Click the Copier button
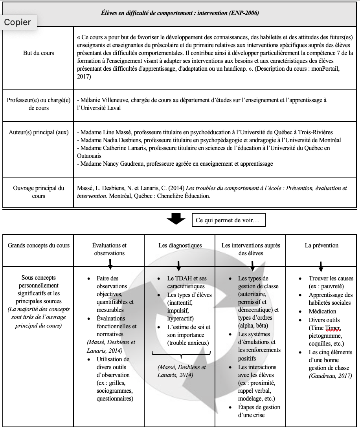point(17,22)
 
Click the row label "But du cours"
point(39,53)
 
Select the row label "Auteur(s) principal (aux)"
point(39,132)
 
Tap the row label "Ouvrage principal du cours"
point(39,192)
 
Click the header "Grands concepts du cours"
point(39,245)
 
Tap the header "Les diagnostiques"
point(180,245)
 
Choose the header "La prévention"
point(321,245)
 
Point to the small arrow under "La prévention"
point(321,266)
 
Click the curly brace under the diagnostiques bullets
point(181,356)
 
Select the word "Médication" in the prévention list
point(322,311)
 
